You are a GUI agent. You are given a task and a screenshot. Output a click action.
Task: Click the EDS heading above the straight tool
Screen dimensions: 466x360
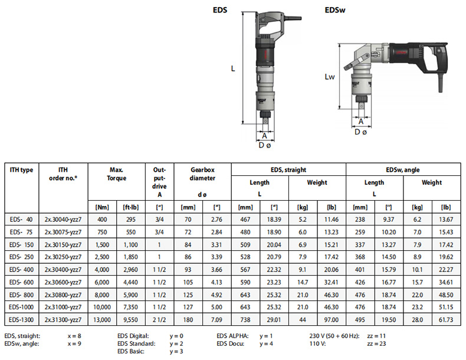[220, 10]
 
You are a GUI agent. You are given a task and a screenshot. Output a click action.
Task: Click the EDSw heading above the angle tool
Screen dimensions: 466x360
[335, 10]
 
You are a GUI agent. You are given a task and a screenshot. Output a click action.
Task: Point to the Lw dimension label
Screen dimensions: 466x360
[330, 77]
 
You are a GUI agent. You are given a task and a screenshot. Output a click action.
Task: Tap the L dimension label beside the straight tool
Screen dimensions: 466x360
[233, 68]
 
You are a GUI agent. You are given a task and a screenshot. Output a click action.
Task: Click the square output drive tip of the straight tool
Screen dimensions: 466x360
[265, 121]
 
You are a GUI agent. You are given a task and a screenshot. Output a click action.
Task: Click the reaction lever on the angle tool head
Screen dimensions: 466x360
[356, 62]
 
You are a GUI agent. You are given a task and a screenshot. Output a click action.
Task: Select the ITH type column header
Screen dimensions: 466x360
[21, 170]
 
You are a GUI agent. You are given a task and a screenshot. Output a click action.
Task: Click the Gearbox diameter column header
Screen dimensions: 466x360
[202, 174]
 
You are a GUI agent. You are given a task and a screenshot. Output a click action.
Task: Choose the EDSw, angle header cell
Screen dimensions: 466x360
[403, 170]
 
